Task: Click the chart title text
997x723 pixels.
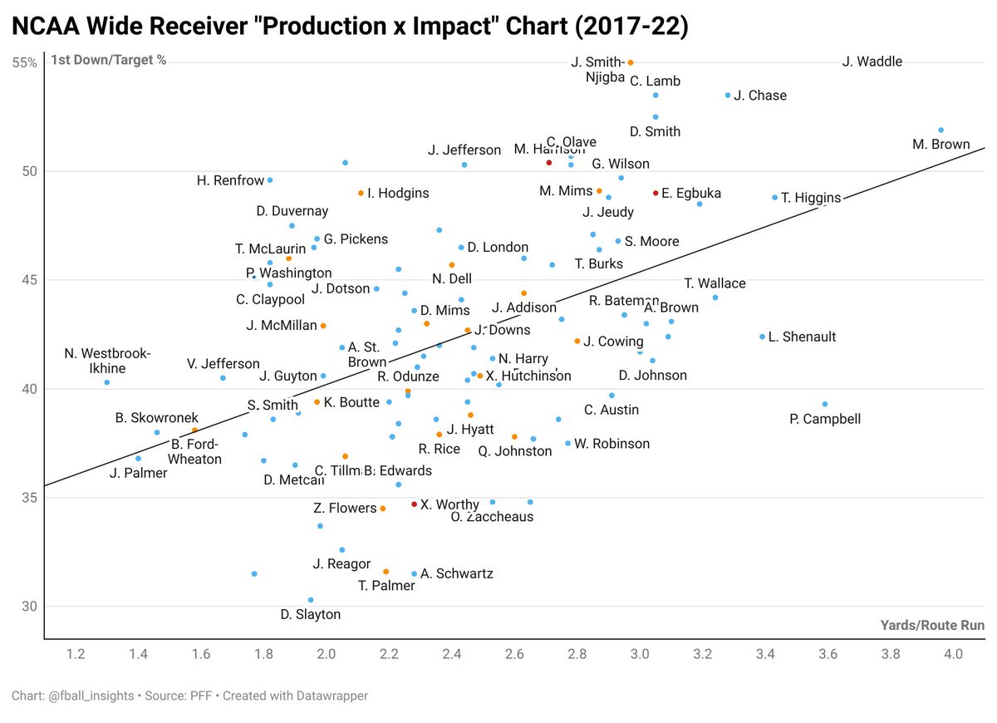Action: [x=349, y=27]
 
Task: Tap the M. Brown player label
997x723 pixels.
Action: [x=941, y=145]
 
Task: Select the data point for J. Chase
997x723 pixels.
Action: [x=728, y=96]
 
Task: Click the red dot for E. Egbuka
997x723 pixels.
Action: [x=656, y=193]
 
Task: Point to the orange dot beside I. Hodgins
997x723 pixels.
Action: [x=361, y=193]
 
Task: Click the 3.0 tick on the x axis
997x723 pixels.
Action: [x=640, y=654]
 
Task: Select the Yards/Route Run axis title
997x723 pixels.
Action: [x=932, y=625]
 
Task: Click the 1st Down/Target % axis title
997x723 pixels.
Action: [x=109, y=60]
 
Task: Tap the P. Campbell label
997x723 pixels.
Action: [x=825, y=420]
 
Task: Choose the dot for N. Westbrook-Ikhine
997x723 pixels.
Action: [x=107, y=382]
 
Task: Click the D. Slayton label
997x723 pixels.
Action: [x=310, y=615]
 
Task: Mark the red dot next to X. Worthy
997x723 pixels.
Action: [x=415, y=504]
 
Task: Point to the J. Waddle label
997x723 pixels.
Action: [x=872, y=61]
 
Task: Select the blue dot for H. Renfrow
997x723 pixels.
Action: [x=270, y=180]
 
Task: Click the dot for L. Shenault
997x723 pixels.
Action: [x=762, y=337]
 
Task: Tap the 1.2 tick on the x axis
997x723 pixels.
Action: [x=76, y=654]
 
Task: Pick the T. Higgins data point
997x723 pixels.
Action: [x=775, y=198]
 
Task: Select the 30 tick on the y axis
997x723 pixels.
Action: [x=29, y=607]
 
